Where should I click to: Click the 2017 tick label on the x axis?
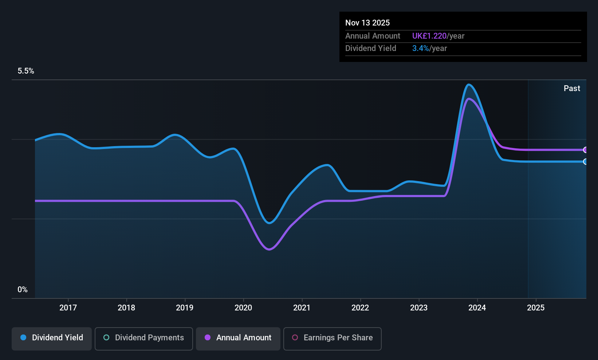tap(68, 308)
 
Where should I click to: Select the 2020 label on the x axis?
tap(243, 308)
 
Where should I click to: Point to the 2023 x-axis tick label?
tap(418, 308)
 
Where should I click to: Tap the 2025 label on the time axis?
tap(536, 308)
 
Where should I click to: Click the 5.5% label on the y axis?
tap(26, 71)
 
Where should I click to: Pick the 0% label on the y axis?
tap(23, 290)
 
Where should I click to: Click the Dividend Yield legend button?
tap(52, 338)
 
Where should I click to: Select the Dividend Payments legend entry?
tap(144, 338)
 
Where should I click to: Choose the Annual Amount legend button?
tap(238, 338)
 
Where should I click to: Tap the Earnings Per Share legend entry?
tap(332, 338)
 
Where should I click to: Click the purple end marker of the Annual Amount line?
tap(585, 150)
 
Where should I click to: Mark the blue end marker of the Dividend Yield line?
tap(585, 161)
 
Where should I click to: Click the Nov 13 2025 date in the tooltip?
tap(367, 23)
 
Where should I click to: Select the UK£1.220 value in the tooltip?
tap(429, 36)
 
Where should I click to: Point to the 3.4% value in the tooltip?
tap(420, 48)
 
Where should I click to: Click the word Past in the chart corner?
tap(572, 88)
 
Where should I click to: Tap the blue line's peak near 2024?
tap(469, 85)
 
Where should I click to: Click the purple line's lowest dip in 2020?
tap(269, 250)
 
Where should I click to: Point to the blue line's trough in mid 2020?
tap(269, 223)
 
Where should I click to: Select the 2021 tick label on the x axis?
tap(302, 308)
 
